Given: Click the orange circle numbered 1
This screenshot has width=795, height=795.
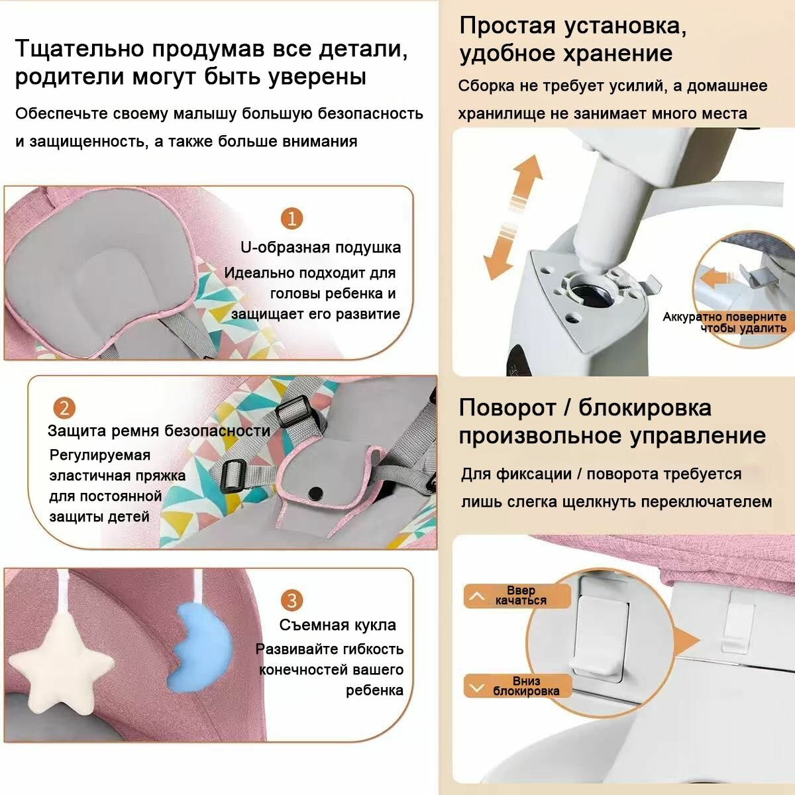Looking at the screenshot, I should pos(291,218).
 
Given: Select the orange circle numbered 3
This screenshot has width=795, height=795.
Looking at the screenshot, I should pos(291,600).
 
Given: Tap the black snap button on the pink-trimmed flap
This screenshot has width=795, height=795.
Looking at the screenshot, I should pos(315,492).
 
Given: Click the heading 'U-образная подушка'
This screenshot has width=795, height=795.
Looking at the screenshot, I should pos(321,248).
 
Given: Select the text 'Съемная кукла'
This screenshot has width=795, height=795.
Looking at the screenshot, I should pos(337,625).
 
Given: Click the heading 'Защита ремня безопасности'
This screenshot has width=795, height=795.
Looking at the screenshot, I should pos(159,431).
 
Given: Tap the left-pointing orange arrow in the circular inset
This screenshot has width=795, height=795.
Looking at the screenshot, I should pos(718,279).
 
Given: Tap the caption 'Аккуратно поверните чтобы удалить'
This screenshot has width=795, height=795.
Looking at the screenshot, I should pos(725,323).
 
